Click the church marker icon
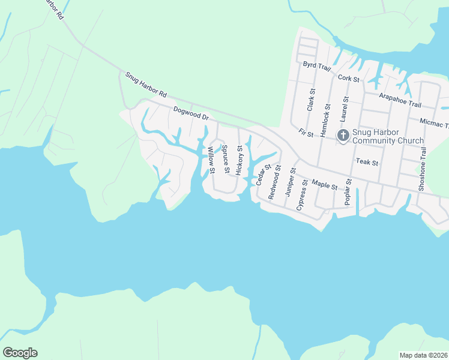click(343, 136)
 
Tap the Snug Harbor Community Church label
click(388, 136)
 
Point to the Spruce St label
click(226, 159)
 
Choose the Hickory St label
click(240, 160)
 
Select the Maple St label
click(325, 184)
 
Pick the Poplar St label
click(347, 192)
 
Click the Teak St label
click(367, 161)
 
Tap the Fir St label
click(306, 133)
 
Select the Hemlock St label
click(328, 121)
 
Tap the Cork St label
click(348, 78)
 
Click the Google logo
click(20, 353)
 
